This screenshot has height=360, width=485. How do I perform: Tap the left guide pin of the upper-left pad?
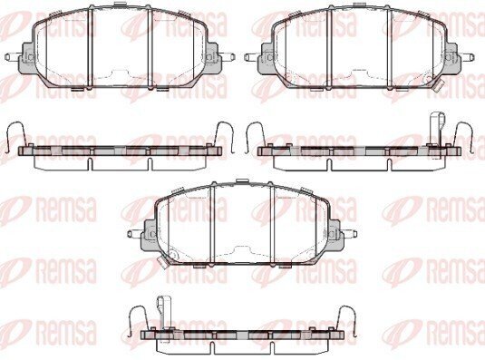pyautogui.click(x=12, y=57)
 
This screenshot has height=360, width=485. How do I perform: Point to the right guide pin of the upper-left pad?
pyautogui.click(x=228, y=57)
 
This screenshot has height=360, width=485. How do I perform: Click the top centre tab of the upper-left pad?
pyautogui.click(x=121, y=4)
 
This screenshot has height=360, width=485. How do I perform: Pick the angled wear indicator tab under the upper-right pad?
pyautogui.click(x=438, y=85)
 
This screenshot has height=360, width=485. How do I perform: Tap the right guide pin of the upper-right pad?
pyautogui.click(x=467, y=57)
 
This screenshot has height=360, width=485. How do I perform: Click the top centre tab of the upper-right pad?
pyautogui.click(x=360, y=4)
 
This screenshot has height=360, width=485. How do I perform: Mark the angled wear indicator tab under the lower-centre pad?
pyautogui.click(x=162, y=263)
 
